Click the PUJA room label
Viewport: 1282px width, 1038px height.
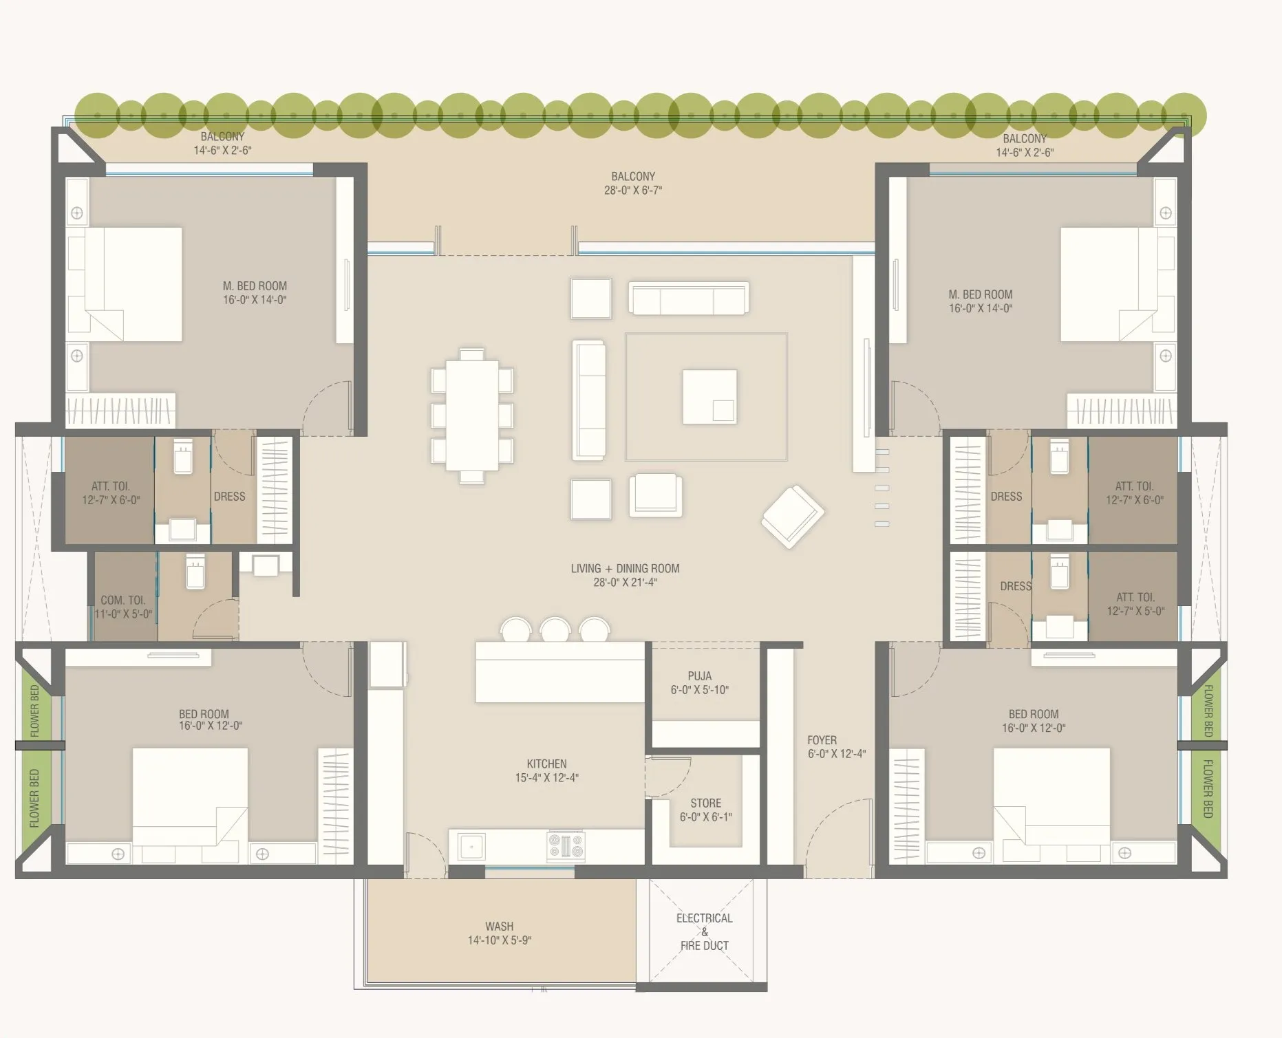tap(700, 676)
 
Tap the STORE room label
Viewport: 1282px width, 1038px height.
tap(706, 803)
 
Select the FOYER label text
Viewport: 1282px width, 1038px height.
tap(822, 740)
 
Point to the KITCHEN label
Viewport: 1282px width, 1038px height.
tap(547, 764)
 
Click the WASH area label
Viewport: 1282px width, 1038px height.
tap(500, 927)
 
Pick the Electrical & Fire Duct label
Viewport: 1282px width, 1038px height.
tap(705, 932)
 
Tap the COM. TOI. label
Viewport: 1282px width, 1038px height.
tap(123, 600)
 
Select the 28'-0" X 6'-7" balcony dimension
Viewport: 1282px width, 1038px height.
tap(633, 191)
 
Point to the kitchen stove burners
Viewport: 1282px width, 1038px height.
tap(566, 845)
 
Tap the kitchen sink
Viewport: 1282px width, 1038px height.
tap(471, 845)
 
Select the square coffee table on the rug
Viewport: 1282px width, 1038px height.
tap(709, 397)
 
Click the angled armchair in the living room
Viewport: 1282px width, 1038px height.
tap(793, 516)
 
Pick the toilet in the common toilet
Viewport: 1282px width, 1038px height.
tap(195, 572)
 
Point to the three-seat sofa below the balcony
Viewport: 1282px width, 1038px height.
tap(689, 299)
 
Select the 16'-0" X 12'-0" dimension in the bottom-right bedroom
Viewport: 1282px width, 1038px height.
tap(1034, 728)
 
